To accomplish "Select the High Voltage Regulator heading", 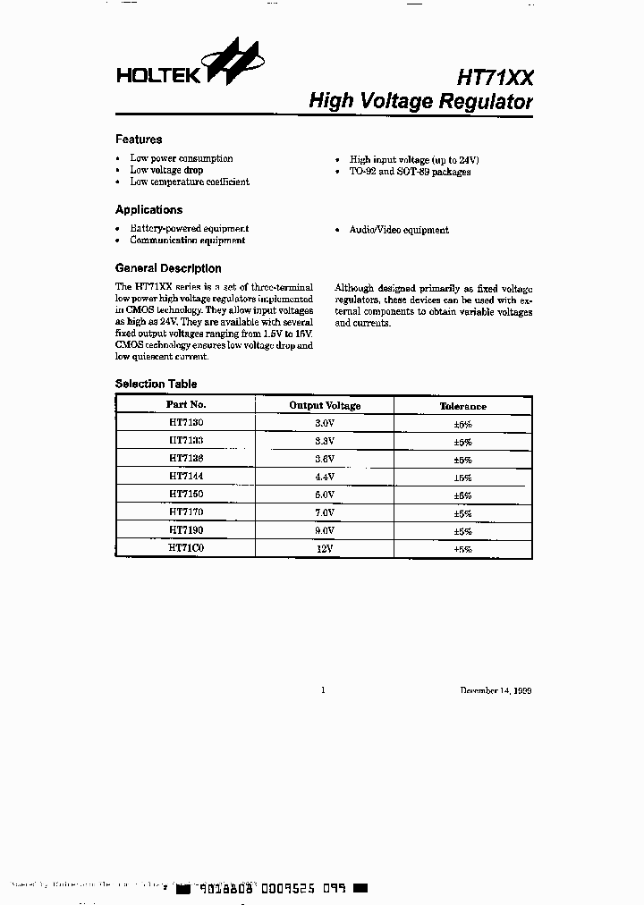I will coord(420,102).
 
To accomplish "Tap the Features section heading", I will coord(139,140).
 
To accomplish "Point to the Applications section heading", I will coord(148,210).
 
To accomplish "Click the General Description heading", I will coord(168,268).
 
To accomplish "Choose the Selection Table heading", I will coord(156,384).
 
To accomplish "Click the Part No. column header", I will coord(186,405).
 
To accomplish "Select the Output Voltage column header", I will coord(325,406).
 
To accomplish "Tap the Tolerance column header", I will coord(462,406).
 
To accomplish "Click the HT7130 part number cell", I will coord(186,423).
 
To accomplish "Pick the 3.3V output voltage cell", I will coord(325,442).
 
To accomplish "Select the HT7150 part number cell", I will coord(186,495).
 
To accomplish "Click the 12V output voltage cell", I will coord(325,549).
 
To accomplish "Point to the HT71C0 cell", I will coord(186,548).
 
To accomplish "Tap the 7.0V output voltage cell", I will coord(325,513).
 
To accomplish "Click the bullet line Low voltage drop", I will coord(166,170).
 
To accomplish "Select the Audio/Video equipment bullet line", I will coord(399,230).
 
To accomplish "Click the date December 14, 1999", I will coord(496,690).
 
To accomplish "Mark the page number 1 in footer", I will coord(323,690).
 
